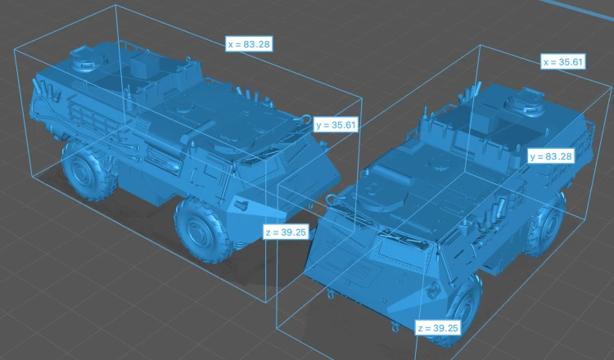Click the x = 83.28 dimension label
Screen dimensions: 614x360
coord(249,44)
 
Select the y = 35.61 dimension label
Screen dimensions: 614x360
coord(336,125)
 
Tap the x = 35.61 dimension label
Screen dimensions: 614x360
coord(562,62)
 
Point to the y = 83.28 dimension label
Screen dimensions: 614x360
coord(551,156)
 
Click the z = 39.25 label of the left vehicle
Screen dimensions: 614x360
coord(286,232)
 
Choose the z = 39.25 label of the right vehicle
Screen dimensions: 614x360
coord(438,328)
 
